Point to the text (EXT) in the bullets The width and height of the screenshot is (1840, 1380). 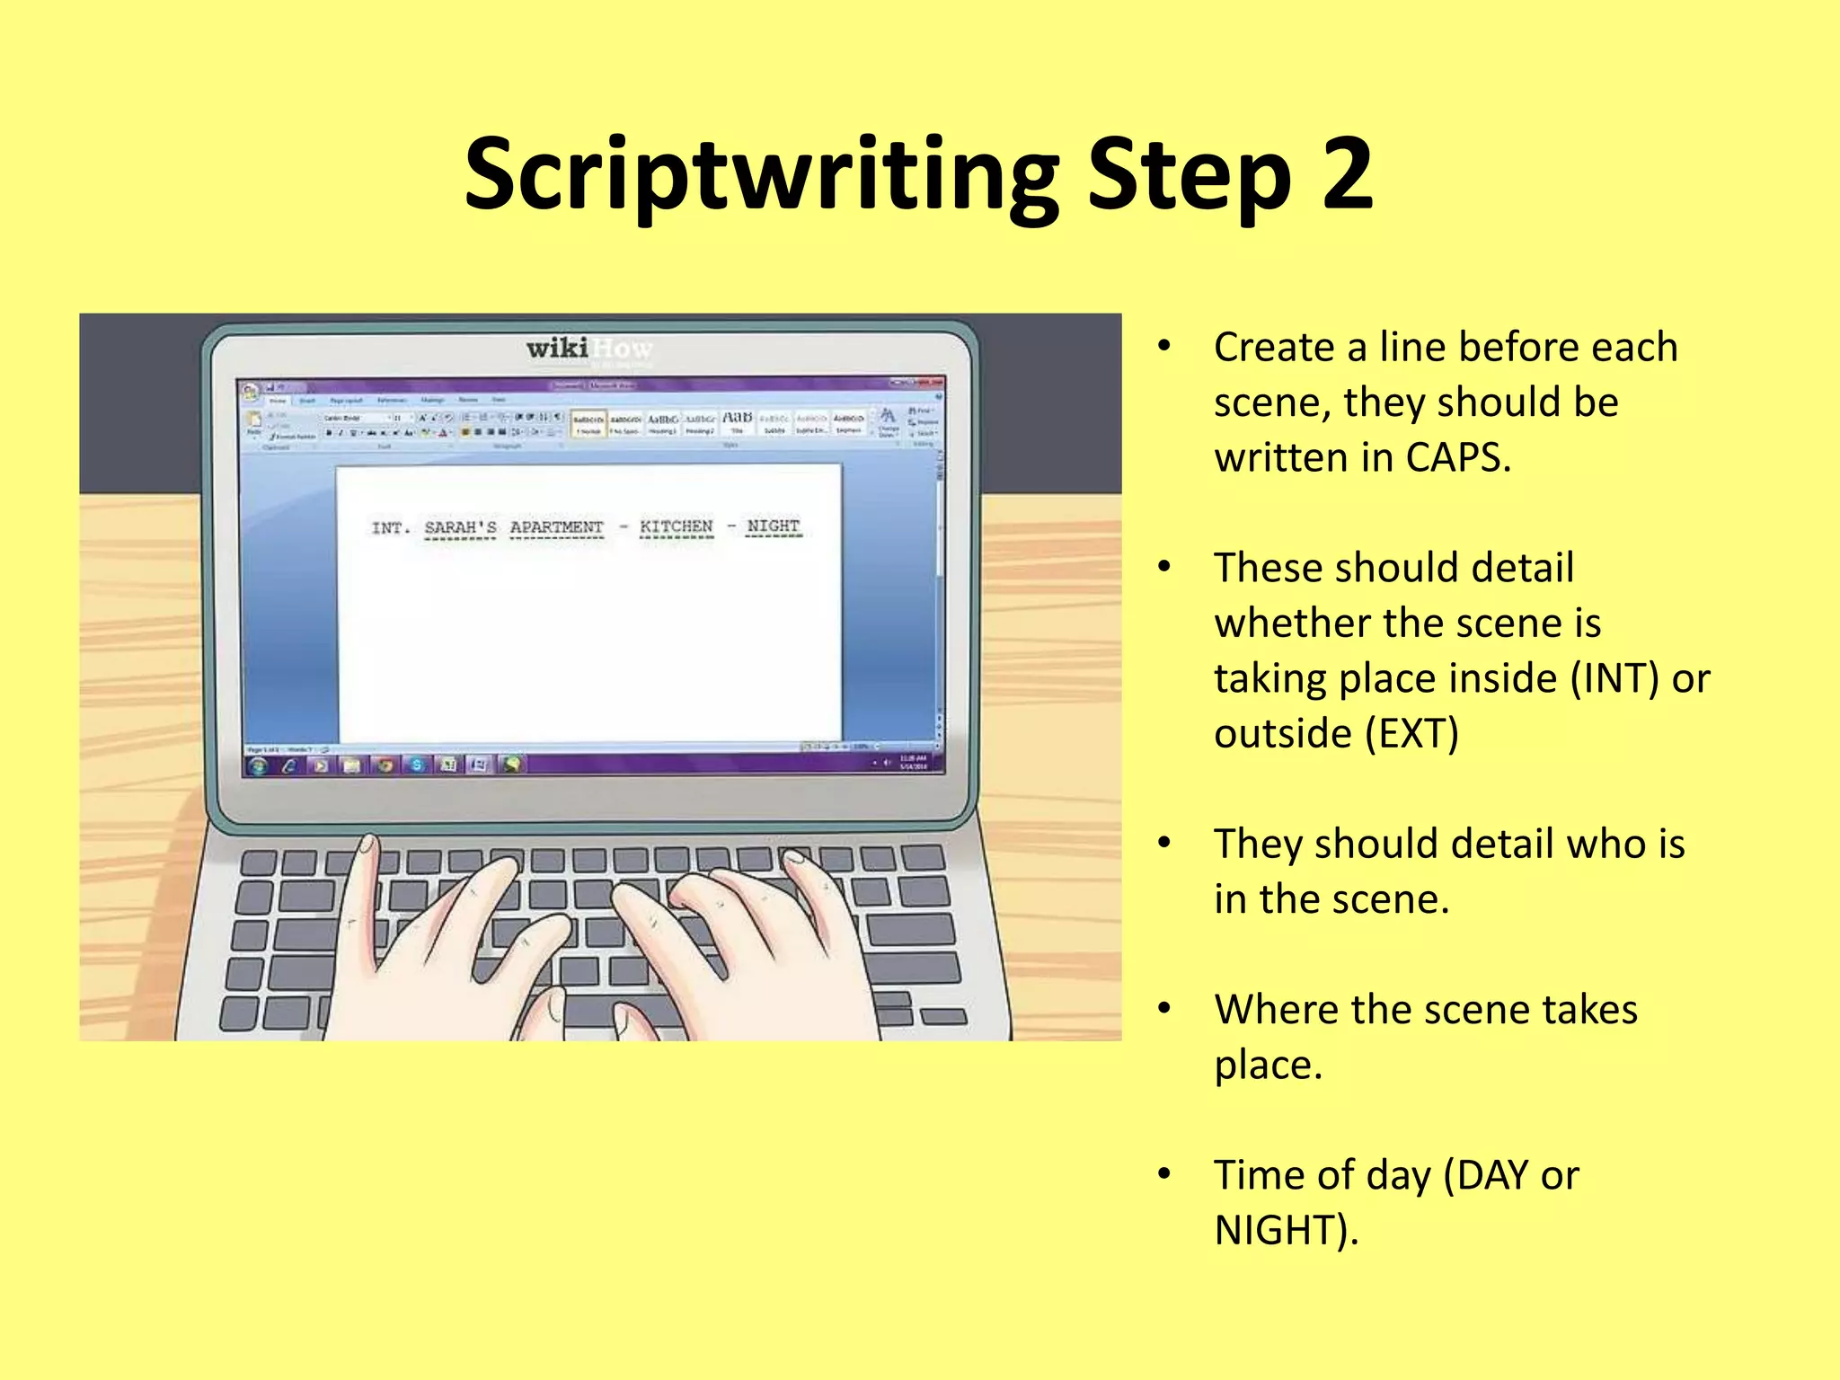tap(1411, 734)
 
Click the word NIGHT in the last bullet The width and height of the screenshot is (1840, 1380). tap(1285, 1231)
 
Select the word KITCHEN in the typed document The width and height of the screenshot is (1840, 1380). tap(677, 526)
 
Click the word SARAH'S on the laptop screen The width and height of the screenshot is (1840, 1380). tap(460, 527)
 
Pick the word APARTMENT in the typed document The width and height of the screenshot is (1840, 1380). tap(556, 527)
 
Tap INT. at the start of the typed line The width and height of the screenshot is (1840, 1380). tap(391, 528)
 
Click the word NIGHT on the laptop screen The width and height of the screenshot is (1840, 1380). tap(773, 526)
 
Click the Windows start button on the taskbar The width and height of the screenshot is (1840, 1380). tap(259, 765)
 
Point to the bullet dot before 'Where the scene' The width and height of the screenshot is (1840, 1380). tap(1164, 1009)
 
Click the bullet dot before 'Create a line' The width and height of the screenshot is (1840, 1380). tap(1164, 346)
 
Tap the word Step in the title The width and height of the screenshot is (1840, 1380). tap(1190, 176)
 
